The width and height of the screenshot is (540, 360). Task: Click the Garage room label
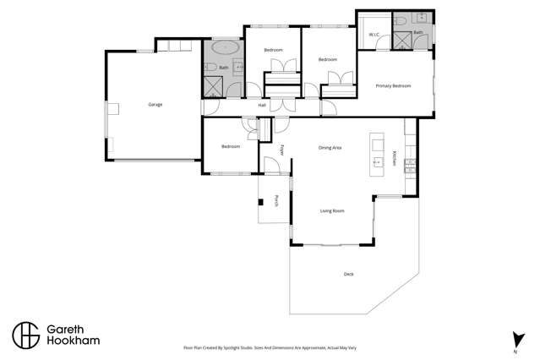(155, 105)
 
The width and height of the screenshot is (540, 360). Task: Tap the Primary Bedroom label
(393, 86)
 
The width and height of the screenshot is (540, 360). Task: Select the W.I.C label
(374, 35)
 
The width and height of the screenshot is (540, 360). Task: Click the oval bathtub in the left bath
(224, 51)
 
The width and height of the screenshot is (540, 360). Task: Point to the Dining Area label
(330, 148)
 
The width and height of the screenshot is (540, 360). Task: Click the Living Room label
(331, 210)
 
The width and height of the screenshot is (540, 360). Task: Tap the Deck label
(349, 274)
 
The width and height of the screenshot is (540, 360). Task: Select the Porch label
(276, 201)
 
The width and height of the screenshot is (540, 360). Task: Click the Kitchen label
(394, 158)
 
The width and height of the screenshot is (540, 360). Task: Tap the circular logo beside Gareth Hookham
(25, 334)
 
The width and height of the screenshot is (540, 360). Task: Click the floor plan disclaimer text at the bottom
(269, 347)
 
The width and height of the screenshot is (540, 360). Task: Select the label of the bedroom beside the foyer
(231, 146)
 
